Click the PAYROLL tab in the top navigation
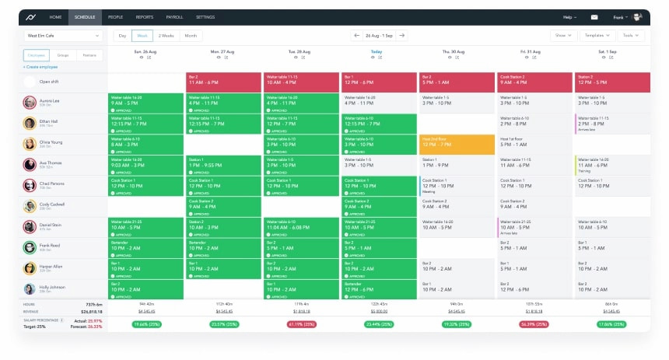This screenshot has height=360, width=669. click(175, 16)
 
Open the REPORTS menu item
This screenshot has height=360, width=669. click(145, 16)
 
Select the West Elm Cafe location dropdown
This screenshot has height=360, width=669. click(62, 35)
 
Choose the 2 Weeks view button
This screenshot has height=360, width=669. click(166, 35)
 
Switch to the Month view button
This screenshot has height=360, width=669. click(191, 35)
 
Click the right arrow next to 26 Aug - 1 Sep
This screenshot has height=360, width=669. click(402, 35)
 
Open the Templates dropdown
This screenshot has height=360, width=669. click(597, 35)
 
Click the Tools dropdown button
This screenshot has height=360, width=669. click(629, 35)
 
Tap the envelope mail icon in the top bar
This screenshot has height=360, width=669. click(594, 16)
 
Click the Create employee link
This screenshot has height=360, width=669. click(40, 68)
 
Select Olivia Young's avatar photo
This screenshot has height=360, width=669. click(30, 144)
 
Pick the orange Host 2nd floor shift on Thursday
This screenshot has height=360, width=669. click(457, 144)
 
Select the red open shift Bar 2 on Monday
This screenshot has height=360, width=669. click(224, 82)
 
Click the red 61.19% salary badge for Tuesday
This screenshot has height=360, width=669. click(302, 323)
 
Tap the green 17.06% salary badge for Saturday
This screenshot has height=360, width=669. click(612, 323)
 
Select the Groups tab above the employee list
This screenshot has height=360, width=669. click(63, 55)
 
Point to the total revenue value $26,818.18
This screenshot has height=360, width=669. click(93, 310)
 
